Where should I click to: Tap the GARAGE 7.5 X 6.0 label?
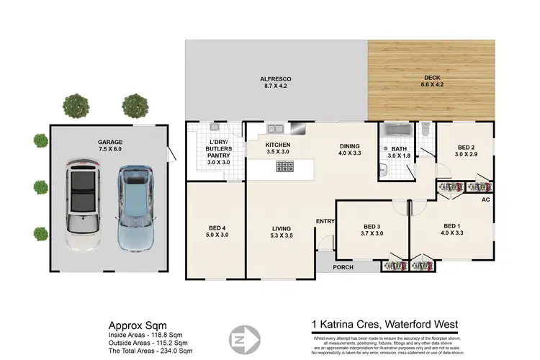coord(110,147)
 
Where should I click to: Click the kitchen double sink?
coord(276,130)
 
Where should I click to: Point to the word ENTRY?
coord(325,221)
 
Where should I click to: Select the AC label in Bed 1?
coord(485,199)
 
